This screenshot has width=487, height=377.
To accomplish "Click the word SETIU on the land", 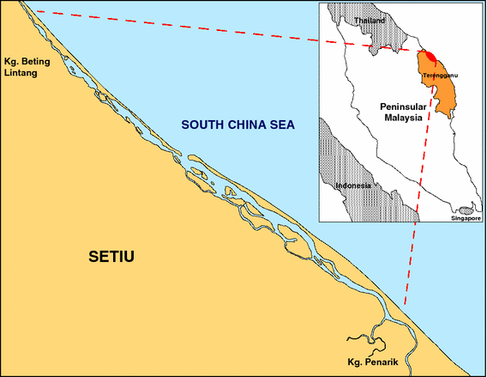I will coord(114,256).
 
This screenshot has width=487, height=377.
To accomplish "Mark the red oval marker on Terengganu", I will coord(431,58).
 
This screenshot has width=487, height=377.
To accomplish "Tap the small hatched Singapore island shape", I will coord(466,210).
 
